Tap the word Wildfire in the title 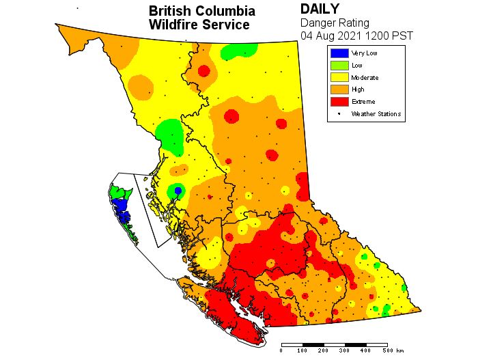tap(174, 25)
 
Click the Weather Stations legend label tap(376, 114)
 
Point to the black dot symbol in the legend tap(339, 113)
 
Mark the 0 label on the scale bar tap(281, 350)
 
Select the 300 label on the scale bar tap(345, 350)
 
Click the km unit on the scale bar tap(399, 350)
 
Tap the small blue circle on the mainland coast tap(178, 191)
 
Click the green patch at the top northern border tap(242, 49)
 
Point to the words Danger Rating tap(335, 23)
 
